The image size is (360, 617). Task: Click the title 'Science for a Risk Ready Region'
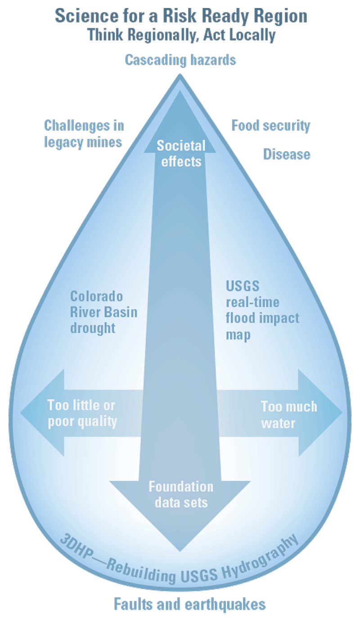[x=181, y=16]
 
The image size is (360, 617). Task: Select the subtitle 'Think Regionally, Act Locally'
[x=181, y=35]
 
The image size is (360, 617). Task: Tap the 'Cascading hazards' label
[x=180, y=60]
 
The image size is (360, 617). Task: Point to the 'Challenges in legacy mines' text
[x=84, y=134]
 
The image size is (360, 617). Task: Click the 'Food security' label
[x=271, y=125]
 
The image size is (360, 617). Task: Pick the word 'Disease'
[x=287, y=154]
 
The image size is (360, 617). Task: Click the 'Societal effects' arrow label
[x=181, y=153]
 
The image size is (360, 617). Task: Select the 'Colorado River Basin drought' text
[x=103, y=312]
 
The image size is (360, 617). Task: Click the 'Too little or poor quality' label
[x=82, y=414]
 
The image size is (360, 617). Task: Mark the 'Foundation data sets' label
[x=181, y=494]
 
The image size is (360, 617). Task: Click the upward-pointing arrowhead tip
[x=180, y=92]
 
